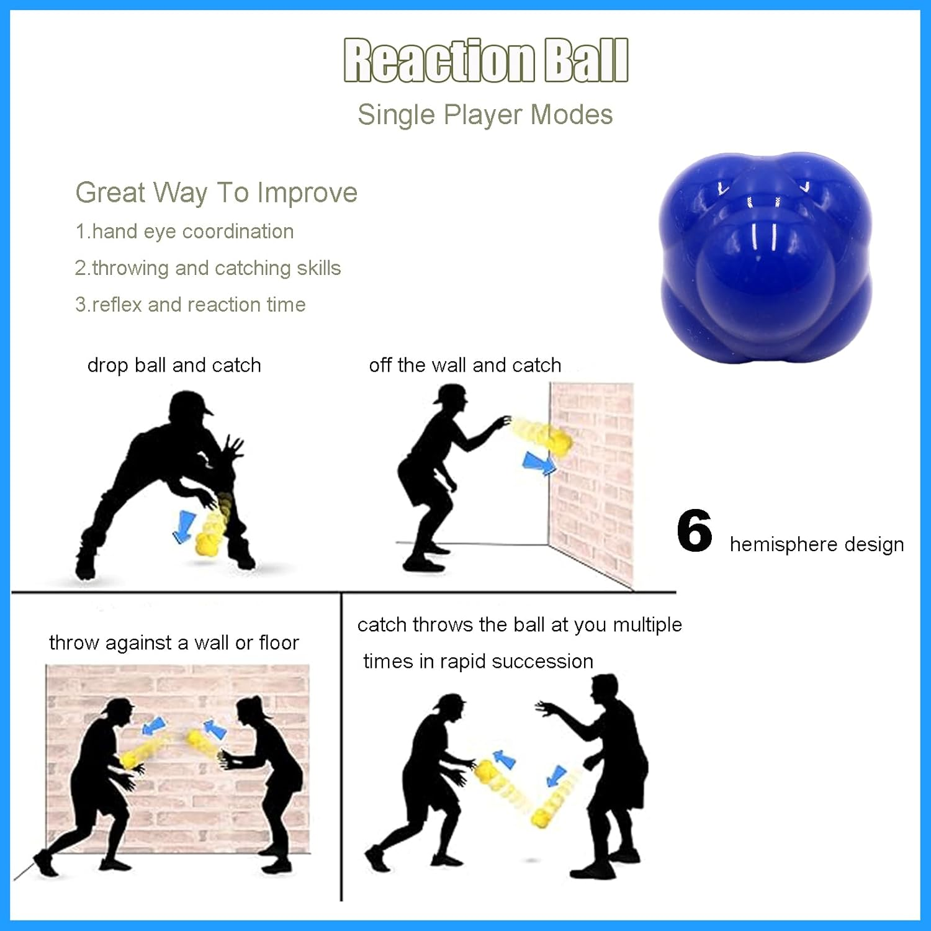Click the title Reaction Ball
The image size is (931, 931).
[x=486, y=60]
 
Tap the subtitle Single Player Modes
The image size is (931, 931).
[x=485, y=115]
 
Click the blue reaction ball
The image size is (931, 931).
[x=766, y=258]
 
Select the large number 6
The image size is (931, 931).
[x=695, y=531]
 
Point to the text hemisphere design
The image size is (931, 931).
[x=817, y=544]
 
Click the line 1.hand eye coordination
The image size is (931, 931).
[x=184, y=232]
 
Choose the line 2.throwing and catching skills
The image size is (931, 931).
[x=208, y=268]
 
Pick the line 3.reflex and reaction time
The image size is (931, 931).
[x=191, y=305]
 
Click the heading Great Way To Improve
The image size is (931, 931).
[x=217, y=193]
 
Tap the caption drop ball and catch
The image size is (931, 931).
[x=174, y=365]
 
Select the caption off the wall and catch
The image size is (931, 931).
[x=465, y=365]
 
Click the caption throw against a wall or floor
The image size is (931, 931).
[x=174, y=643]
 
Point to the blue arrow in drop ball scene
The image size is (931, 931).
[x=184, y=526]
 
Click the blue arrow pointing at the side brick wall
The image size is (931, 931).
[x=538, y=463]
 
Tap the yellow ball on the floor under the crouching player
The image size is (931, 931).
[x=206, y=543]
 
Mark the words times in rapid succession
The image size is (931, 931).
[x=478, y=662]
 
